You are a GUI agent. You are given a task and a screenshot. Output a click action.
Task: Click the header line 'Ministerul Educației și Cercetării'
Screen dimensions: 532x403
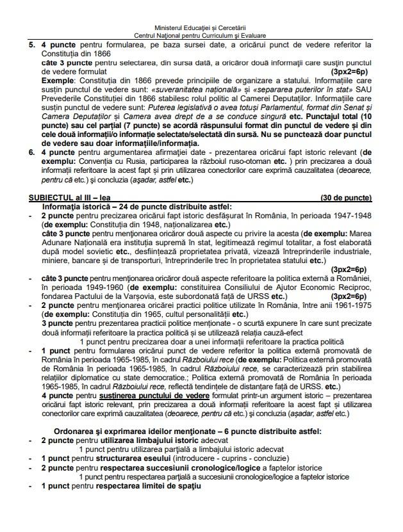[201, 29]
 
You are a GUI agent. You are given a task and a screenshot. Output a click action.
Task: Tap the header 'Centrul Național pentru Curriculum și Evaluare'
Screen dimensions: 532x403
[201, 36]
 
